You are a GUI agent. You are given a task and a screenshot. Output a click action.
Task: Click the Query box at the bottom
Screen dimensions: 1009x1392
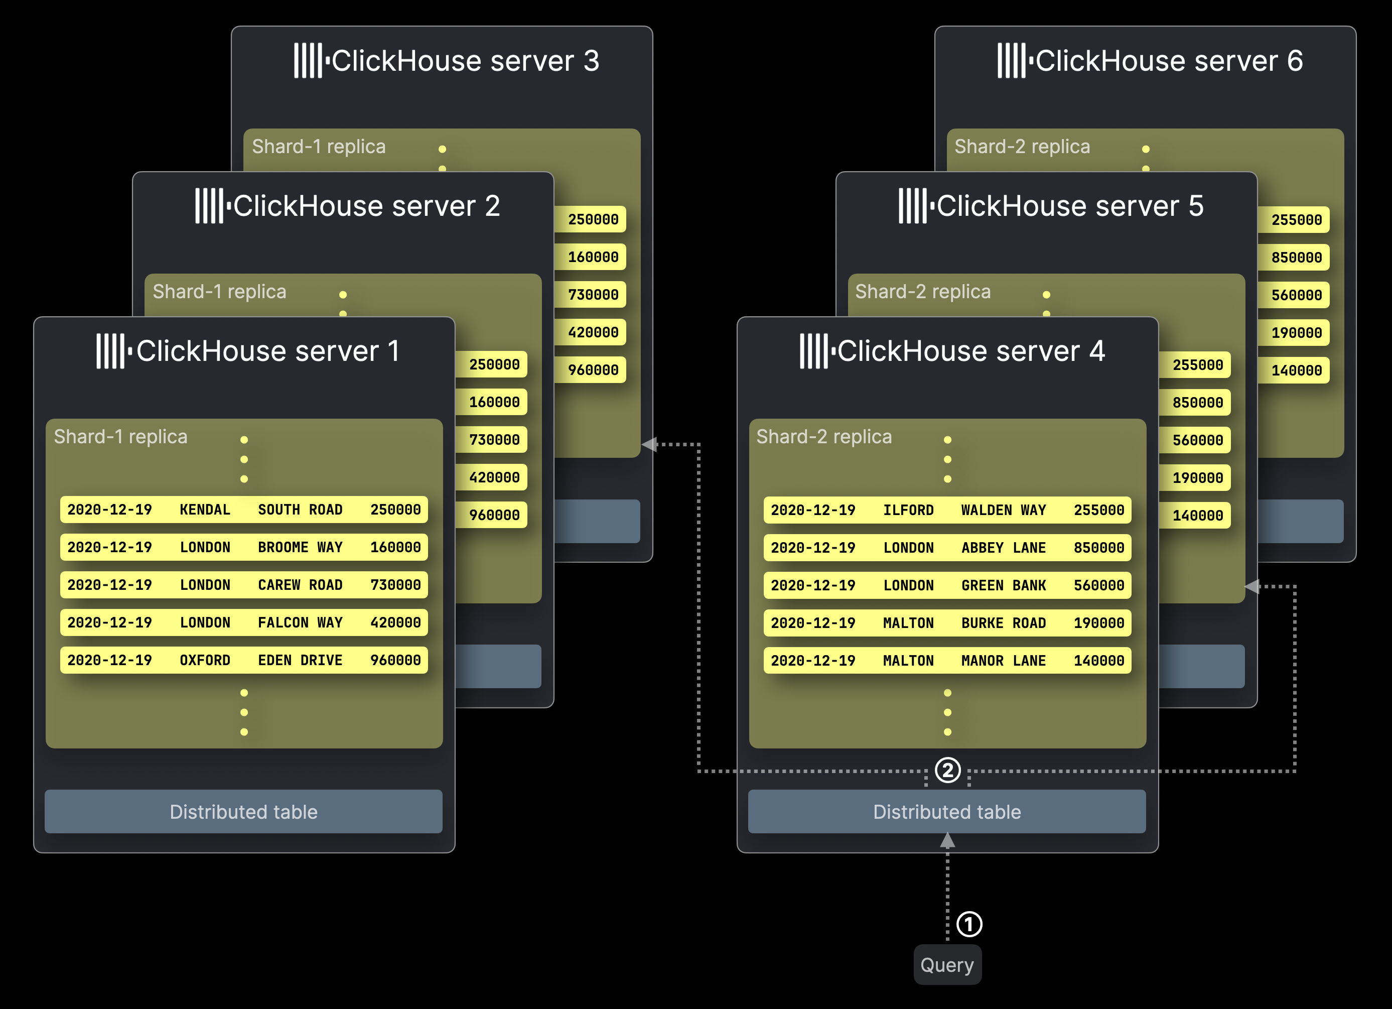click(x=947, y=965)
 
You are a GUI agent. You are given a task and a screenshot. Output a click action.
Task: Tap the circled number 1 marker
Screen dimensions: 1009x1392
click(x=969, y=924)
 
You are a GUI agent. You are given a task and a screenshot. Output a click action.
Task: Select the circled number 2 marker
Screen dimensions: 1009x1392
click(x=947, y=770)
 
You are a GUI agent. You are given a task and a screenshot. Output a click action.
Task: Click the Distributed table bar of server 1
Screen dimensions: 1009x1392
click(x=244, y=811)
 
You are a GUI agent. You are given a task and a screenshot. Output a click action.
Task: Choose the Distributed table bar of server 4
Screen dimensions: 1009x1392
click(x=947, y=811)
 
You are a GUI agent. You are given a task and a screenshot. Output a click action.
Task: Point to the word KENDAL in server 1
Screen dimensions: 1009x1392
click(x=205, y=510)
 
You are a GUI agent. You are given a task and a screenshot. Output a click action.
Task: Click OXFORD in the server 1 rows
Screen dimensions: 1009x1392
click(x=205, y=660)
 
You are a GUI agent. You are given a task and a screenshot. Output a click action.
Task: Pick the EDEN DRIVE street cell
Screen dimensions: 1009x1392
click(x=300, y=660)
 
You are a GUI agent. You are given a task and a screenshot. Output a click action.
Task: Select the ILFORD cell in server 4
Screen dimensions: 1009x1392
click(x=908, y=511)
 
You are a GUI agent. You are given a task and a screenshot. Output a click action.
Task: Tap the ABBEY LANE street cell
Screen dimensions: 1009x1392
click(x=1004, y=548)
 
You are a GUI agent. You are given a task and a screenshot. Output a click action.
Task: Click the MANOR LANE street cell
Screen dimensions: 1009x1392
click(x=1004, y=661)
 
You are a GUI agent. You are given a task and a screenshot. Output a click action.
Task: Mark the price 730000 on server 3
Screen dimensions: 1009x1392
click(x=593, y=295)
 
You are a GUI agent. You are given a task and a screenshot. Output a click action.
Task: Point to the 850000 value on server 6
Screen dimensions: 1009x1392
click(x=1296, y=258)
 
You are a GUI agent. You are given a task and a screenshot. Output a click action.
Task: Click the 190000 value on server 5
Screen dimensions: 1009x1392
click(x=1197, y=478)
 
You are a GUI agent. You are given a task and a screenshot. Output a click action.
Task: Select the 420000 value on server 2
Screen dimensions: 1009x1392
click(x=494, y=477)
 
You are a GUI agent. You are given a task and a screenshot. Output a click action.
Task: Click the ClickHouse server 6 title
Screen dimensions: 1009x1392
click(x=1169, y=61)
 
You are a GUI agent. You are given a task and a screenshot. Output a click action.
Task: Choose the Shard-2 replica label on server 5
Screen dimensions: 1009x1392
click(x=923, y=292)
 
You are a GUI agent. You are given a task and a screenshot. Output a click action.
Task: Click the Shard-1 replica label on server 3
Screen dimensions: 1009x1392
click(x=319, y=147)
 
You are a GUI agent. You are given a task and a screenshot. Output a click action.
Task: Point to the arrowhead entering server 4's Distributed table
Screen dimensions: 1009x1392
click(x=947, y=840)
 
